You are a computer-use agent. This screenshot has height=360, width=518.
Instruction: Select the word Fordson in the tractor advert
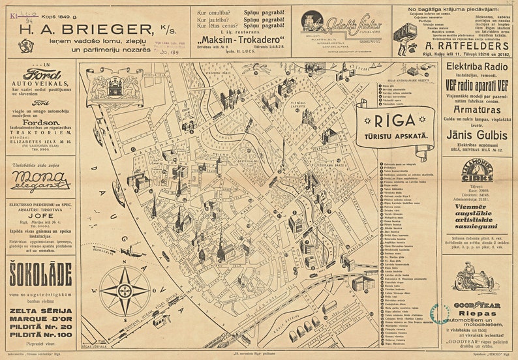40,122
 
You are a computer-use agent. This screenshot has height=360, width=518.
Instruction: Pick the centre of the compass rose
125,290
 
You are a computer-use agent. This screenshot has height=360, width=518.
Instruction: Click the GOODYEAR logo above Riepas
477,304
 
